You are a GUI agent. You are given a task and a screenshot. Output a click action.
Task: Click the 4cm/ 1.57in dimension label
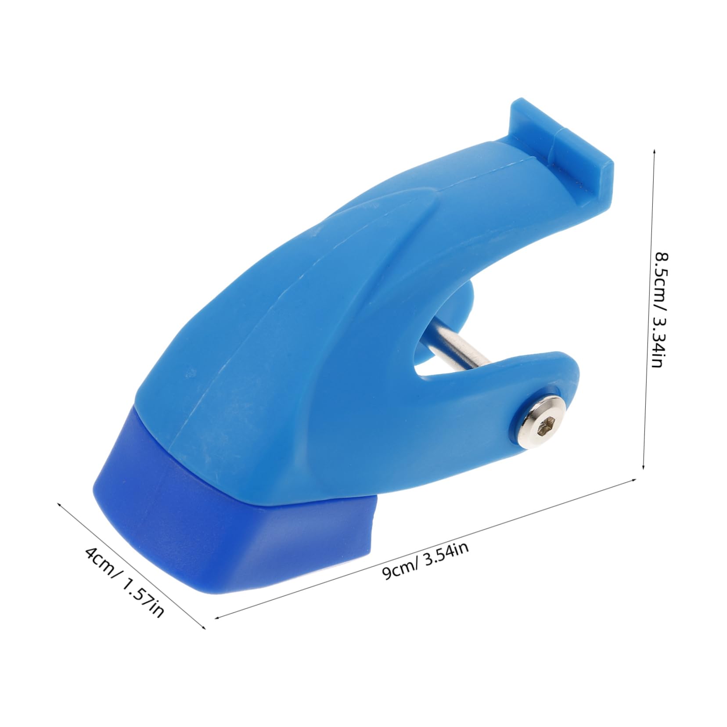click(x=125, y=582)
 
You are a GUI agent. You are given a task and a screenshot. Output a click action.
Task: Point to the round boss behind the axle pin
click(x=465, y=303)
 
